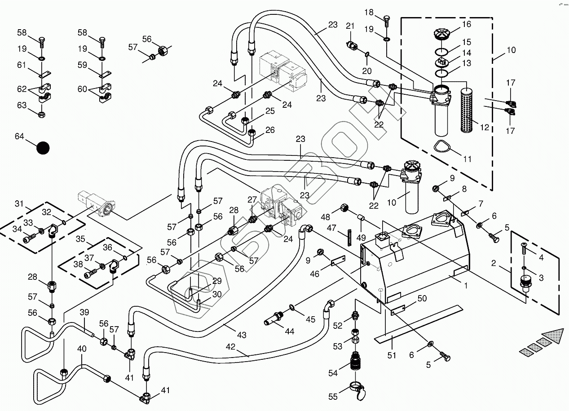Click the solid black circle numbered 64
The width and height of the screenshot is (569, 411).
(x=43, y=148)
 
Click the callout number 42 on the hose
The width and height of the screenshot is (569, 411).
(x=231, y=346)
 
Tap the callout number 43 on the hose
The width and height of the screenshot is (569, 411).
(x=242, y=335)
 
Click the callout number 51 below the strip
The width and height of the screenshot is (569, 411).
(x=392, y=355)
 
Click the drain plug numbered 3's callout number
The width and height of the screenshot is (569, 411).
(x=541, y=278)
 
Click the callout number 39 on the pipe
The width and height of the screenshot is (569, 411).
(x=84, y=313)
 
